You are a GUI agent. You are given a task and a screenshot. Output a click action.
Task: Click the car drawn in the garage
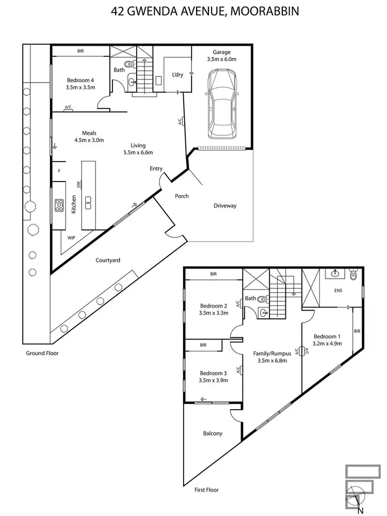point(221,104)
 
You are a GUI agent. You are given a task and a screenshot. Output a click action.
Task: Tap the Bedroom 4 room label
point(80,80)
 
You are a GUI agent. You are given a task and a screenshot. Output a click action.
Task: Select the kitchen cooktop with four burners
point(59,205)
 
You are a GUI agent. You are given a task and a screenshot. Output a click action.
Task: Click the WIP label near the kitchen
point(71,238)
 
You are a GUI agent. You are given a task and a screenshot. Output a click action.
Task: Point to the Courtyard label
point(108,261)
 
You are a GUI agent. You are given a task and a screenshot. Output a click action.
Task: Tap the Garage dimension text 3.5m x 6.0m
point(221,59)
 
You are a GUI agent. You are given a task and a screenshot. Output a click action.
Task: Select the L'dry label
point(177,75)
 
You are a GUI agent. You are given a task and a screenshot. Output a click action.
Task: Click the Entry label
point(156,169)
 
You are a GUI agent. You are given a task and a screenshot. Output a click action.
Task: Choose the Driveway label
point(225,206)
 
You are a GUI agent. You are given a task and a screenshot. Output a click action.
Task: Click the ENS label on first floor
point(338,291)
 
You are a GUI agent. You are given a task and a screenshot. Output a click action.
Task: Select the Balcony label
point(213,433)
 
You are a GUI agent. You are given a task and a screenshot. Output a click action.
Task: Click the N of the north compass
point(360,510)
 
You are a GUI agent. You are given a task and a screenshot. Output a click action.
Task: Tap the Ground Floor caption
point(42,353)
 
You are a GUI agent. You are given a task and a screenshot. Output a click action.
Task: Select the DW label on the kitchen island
point(78,184)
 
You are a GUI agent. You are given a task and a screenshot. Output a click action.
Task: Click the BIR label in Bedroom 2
point(213,275)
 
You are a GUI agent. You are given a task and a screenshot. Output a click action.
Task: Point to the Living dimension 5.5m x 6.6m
point(138,153)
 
